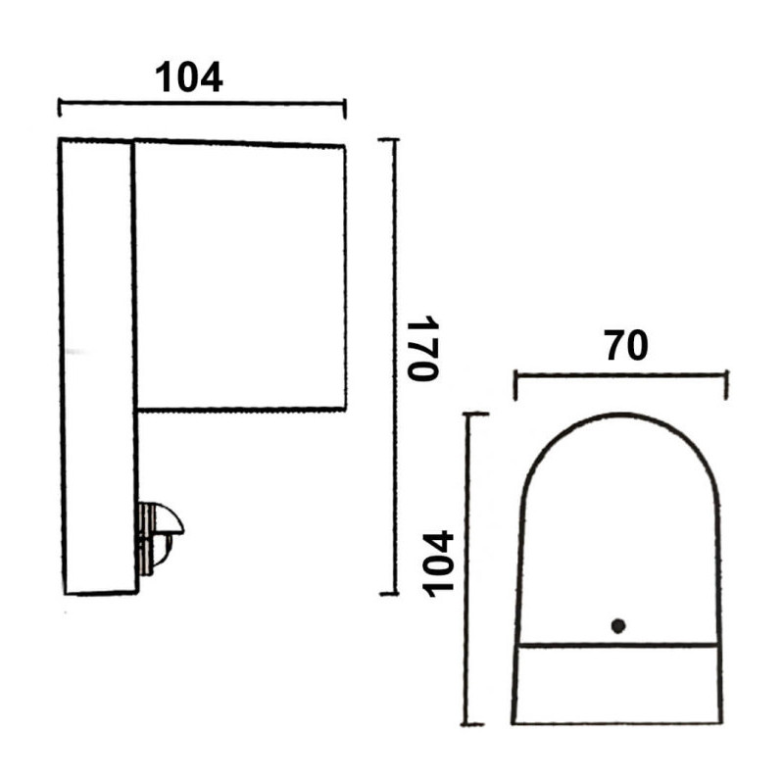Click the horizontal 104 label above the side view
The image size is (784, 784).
tap(188, 78)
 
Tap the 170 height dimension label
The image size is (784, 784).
tap(423, 348)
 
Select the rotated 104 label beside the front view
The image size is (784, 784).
tap(438, 564)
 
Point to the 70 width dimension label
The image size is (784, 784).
tap(626, 346)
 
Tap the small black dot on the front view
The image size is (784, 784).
tap(618, 625)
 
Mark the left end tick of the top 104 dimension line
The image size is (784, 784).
tap(60, 108)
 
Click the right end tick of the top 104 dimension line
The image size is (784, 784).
tap(345, 109)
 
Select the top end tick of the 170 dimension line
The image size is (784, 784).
tap(388, 139)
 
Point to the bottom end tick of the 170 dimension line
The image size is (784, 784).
tap(389, 594)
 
